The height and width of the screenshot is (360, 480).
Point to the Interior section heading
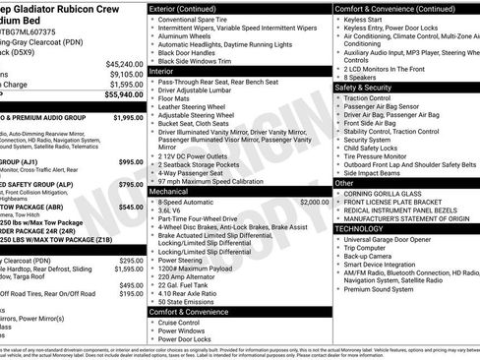point(161,71)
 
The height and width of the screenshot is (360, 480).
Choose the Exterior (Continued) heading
point(190,8)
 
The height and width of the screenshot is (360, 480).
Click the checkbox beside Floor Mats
point(152,98)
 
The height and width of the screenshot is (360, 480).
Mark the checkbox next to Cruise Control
point(152,322)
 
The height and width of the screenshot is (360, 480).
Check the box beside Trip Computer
point(339,247)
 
